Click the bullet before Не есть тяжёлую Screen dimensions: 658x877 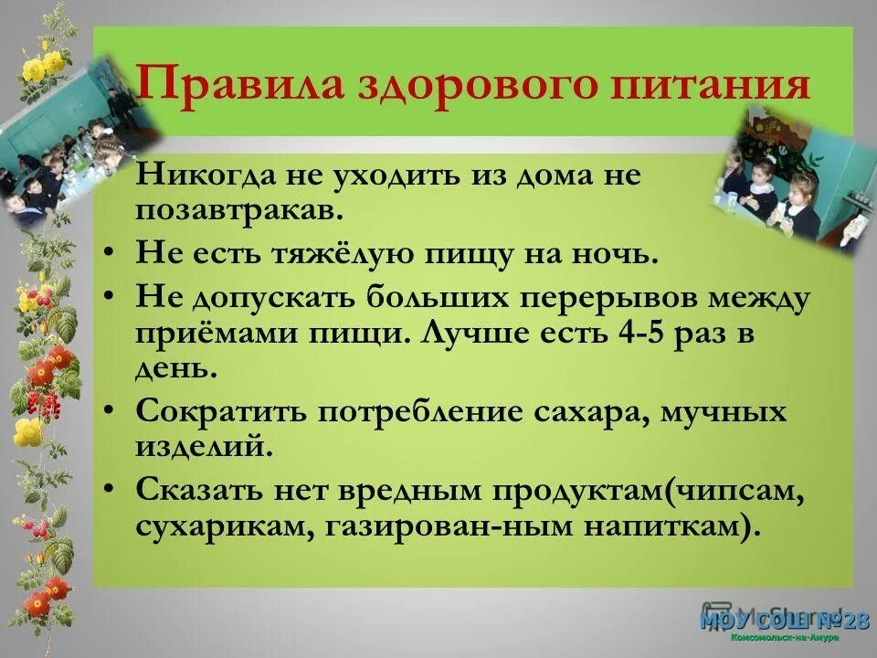[110, 254]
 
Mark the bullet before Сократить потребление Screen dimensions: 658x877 [110, 411]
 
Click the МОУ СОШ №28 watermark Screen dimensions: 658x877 [785, 621]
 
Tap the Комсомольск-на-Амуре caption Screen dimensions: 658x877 [785, 637]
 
